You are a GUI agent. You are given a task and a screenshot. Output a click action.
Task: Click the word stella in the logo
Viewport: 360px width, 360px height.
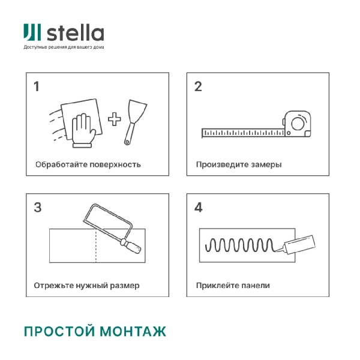click(x=75, y=33)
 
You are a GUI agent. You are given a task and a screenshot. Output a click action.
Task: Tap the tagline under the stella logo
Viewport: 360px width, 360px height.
click(x=64, y=47)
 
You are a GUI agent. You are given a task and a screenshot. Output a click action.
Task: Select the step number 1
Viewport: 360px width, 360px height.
click(x=37, y=86)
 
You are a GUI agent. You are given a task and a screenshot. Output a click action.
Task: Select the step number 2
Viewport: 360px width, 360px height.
click(x=198, y=86)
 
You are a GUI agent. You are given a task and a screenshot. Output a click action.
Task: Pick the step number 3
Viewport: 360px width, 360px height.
click(x=37, y=208)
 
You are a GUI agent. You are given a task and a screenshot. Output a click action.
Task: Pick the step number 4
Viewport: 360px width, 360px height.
click(x=199, y=208)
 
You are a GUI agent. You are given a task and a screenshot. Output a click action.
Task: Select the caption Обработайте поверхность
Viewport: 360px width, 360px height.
click(x=88, y=164)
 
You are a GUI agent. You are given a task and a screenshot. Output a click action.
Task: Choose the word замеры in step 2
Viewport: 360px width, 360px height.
click(x=267, y=164)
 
